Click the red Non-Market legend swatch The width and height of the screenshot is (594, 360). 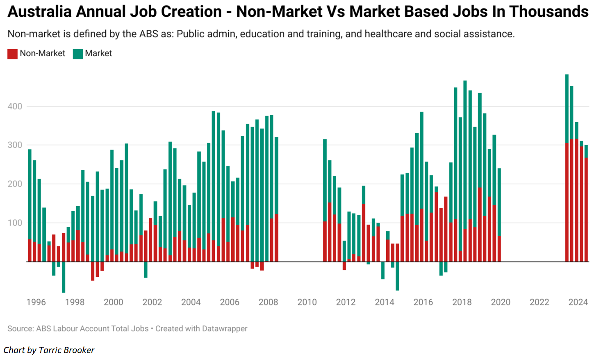12,54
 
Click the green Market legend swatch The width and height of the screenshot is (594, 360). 78,54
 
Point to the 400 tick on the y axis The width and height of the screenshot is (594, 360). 15,106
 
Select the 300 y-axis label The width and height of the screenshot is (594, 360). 15,145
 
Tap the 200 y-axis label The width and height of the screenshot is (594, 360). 15,184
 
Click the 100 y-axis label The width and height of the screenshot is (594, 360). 15,223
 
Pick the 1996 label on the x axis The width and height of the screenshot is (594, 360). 36,302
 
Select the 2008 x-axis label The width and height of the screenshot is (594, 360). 268,302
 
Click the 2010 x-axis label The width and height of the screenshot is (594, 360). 307,302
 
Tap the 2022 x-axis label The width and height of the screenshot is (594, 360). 539,302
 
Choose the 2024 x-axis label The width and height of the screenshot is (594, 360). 578,302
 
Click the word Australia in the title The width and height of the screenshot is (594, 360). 40,11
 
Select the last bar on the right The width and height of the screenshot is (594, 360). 586,205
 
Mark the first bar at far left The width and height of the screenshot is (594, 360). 30,205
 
